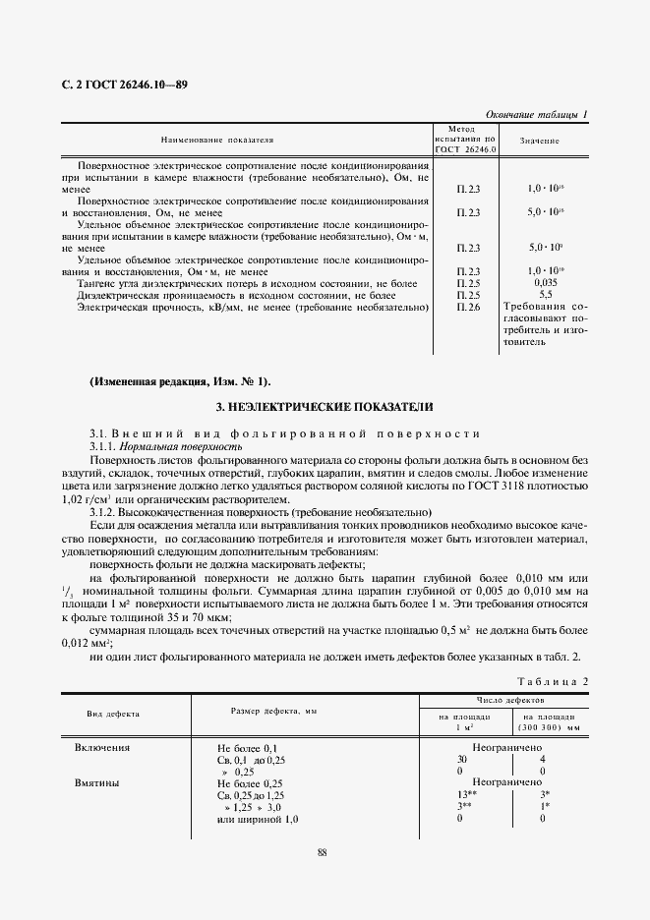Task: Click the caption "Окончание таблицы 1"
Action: [537, 114]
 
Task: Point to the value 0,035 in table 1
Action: [545, 282]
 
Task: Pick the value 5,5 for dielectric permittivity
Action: [545, 295]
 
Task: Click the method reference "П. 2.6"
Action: [468, 308]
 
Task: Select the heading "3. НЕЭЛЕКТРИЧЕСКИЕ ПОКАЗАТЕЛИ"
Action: [324, 406]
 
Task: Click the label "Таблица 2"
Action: [552, 681]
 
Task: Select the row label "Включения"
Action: [102, 747]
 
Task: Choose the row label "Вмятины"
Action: [97, 783]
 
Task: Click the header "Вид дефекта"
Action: [113, 713]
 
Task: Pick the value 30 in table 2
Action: [461, 760]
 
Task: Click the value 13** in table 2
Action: [464, 795]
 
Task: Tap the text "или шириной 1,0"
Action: [257, 819]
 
